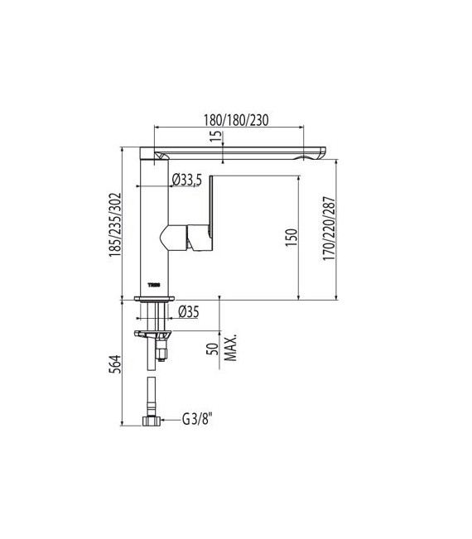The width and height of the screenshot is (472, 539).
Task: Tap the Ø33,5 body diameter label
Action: (187, 180)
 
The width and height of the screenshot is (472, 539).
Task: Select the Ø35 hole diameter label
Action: (190, 312)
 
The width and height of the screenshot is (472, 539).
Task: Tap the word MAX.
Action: (228, 349)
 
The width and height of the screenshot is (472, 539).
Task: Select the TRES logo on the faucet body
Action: (153, 283)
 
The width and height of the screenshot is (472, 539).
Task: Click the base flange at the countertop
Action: (154, 297)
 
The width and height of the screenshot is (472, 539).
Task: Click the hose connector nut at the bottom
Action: (152, 420)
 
